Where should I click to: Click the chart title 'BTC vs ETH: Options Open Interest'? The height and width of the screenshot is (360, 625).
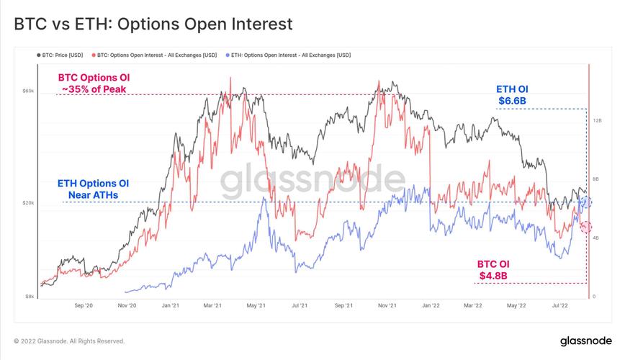[153, 24]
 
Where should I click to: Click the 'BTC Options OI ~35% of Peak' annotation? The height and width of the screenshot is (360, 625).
[94, 83]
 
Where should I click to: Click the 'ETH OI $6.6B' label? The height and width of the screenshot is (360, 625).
[513, 94]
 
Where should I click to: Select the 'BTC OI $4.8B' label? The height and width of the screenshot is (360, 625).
[493, 269]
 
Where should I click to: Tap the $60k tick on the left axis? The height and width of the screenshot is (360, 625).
[28, 91]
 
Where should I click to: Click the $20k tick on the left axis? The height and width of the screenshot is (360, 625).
[28, 203]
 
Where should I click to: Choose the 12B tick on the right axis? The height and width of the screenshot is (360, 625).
[597, 121]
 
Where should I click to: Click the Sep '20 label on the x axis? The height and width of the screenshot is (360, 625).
[84, 305]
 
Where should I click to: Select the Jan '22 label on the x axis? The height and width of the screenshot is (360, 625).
[431, 305]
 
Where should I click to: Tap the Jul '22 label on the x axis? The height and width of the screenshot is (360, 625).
[560, 305]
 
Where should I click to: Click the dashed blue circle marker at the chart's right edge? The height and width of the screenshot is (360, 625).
[585, 202]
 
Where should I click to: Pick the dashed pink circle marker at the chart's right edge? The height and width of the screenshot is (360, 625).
[585, 227]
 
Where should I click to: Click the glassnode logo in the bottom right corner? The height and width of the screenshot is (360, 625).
[585, 341]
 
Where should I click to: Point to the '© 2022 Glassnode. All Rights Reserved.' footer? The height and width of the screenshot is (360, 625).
[69, 341]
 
